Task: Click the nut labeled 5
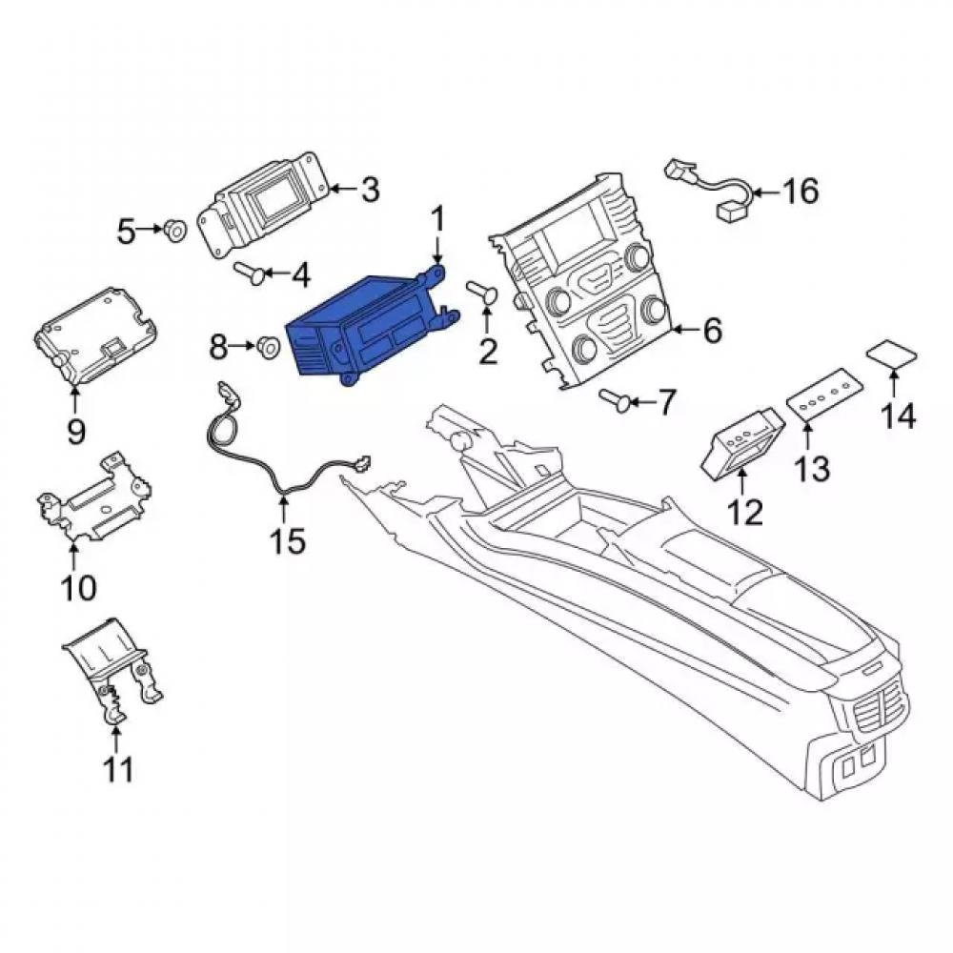tap(176, 230)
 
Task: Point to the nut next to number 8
tap(268, 347)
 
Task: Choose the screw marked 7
tap(613, 400)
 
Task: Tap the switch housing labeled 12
tap(741, 443)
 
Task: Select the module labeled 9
tap(95, 337)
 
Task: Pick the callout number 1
tap(437, 219)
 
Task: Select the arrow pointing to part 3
tap(344, 189)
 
